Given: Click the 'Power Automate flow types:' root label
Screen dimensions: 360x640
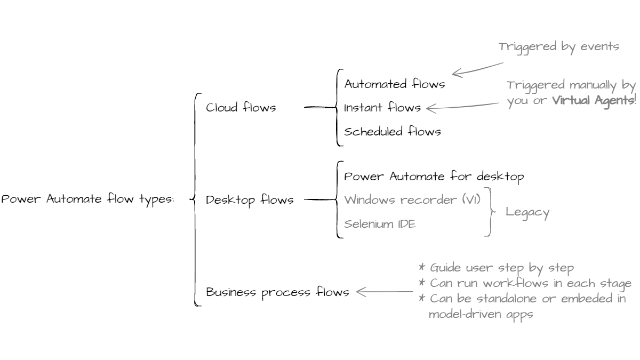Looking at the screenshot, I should pyautogui.click(x=87, y=200).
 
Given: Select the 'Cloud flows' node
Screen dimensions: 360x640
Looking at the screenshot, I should pyautogui.click(x=241, y=108).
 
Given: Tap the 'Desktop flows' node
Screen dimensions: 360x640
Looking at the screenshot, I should pyautogui.click(x=250, y=200).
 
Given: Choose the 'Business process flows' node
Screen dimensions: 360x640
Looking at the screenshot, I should pyautogui.click(x=278, y=292).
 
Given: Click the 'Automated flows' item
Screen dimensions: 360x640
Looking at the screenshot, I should pyautogui.click(x=394, y=84).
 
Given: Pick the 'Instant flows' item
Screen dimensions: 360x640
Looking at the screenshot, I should pyautogui.click(x=382, y=108).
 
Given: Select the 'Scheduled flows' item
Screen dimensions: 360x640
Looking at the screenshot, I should pyautogui.click(x=393, y=131).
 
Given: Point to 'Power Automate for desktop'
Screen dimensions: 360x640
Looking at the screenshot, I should pyautogui.click(x=434, y=177).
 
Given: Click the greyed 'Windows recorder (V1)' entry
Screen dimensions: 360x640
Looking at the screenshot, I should pyautogui.click(x=412, y=200).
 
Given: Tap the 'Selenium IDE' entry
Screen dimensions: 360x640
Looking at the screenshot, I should pyautogui.click(x=380, y=223).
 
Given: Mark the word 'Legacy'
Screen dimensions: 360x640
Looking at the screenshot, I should pyautogui.click(x=527, y=212).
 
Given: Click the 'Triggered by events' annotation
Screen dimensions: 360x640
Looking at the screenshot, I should pyautogui.click(x=558, y=46).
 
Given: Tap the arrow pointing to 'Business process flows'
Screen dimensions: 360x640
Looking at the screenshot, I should pyautogui.click(x=384, y=292).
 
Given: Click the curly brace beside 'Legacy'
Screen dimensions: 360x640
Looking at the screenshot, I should pyautogui.click(x=490, y=212).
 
